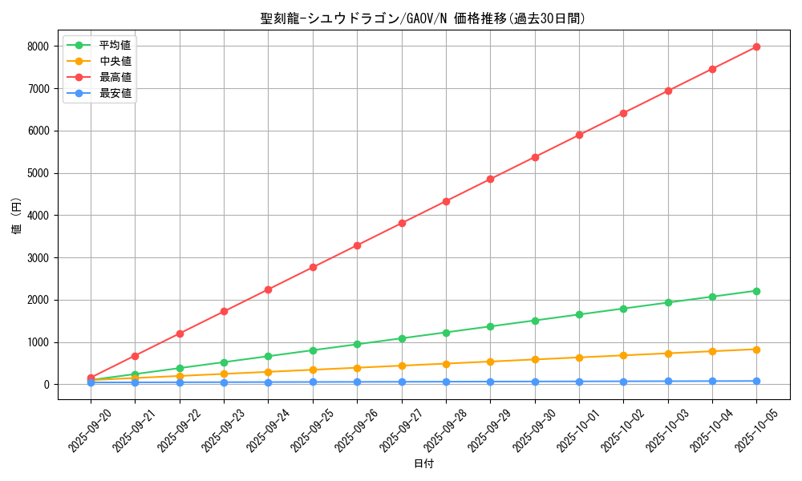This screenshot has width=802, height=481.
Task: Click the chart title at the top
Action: tap(423, 18)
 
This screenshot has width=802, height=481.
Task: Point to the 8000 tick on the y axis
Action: tap(38, 46)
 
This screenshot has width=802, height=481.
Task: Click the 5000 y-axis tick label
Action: tap(38, 173)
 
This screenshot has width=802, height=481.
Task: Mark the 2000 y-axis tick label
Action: tap(38, 300)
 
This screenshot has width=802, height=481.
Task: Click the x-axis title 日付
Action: tap(423, 464)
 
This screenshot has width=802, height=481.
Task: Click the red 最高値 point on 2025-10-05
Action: tap(756, 47)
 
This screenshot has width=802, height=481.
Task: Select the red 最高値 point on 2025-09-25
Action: tap(313, 267)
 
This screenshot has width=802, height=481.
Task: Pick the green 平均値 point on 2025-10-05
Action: tap(756, 291)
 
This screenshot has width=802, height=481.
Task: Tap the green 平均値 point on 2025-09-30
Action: tap(535, 321)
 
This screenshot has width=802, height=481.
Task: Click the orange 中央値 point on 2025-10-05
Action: tap(756, 350)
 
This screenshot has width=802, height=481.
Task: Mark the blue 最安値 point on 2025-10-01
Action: tap(579, 382)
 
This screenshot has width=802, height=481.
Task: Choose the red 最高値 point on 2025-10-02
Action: tap(623, 113)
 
